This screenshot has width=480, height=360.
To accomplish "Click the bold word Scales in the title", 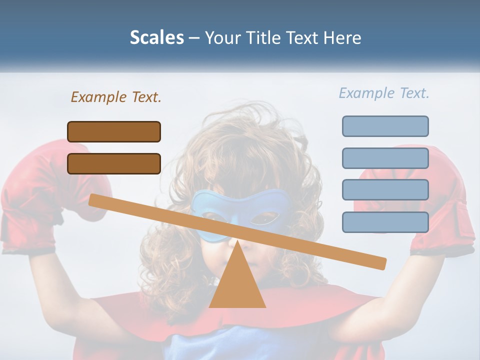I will pos(156,37).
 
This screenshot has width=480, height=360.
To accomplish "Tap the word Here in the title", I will pos(342,37).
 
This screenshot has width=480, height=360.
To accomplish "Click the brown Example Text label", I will pos(116,97).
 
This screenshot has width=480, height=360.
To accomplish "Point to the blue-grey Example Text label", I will pos(384,93).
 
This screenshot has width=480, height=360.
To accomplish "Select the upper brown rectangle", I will pos(114,131).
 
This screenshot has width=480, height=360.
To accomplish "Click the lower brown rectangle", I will pos(114,163).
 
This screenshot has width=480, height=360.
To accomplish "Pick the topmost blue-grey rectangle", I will pos(385,126).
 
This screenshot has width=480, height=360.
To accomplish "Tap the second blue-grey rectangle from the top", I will pos(385,158).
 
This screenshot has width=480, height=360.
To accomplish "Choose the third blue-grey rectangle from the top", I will pos(385,190).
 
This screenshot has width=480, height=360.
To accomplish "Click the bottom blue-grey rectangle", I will pos(385,222).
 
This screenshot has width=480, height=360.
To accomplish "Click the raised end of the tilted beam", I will pos(95,199).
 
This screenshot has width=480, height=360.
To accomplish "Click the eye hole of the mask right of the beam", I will pos(264,218).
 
